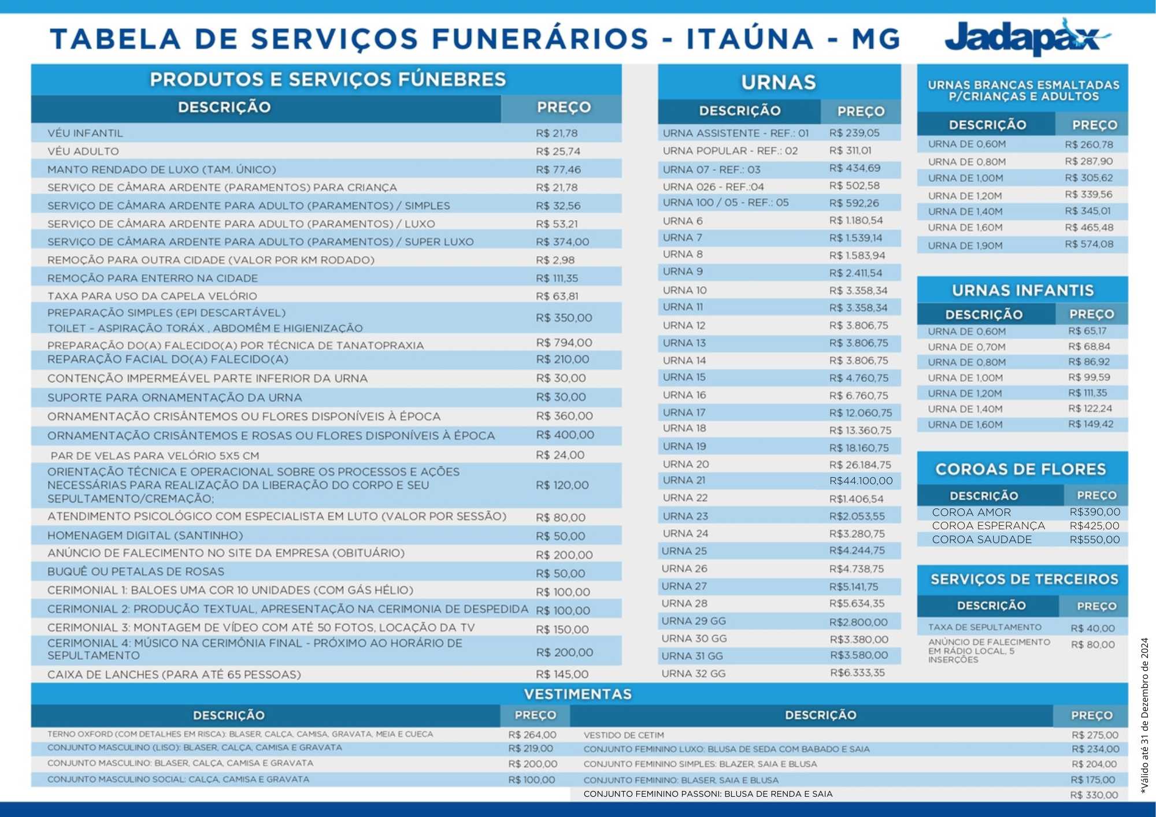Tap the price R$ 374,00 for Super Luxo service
tap(562, 242)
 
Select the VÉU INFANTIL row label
tap(85, 133)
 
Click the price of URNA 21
tap(861, 481)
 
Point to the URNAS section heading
tap(779, 83)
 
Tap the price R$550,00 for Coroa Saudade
tap(1095, 540)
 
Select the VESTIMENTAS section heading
tap(578, 694)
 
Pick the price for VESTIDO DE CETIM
tap(1095, 735)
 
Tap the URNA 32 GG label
tap(694, 674)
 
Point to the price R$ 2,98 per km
tap(555, 260)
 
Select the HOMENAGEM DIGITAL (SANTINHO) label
tap(145, 536)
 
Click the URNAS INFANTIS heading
tap(1022, 290)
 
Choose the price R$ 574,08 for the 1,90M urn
tap(1089, 244)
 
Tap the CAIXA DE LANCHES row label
tap(174, 674)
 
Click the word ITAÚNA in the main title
tap(750, 39)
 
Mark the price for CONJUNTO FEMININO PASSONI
tap(1094, 795)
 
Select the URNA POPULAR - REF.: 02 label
tap(730, 151)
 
